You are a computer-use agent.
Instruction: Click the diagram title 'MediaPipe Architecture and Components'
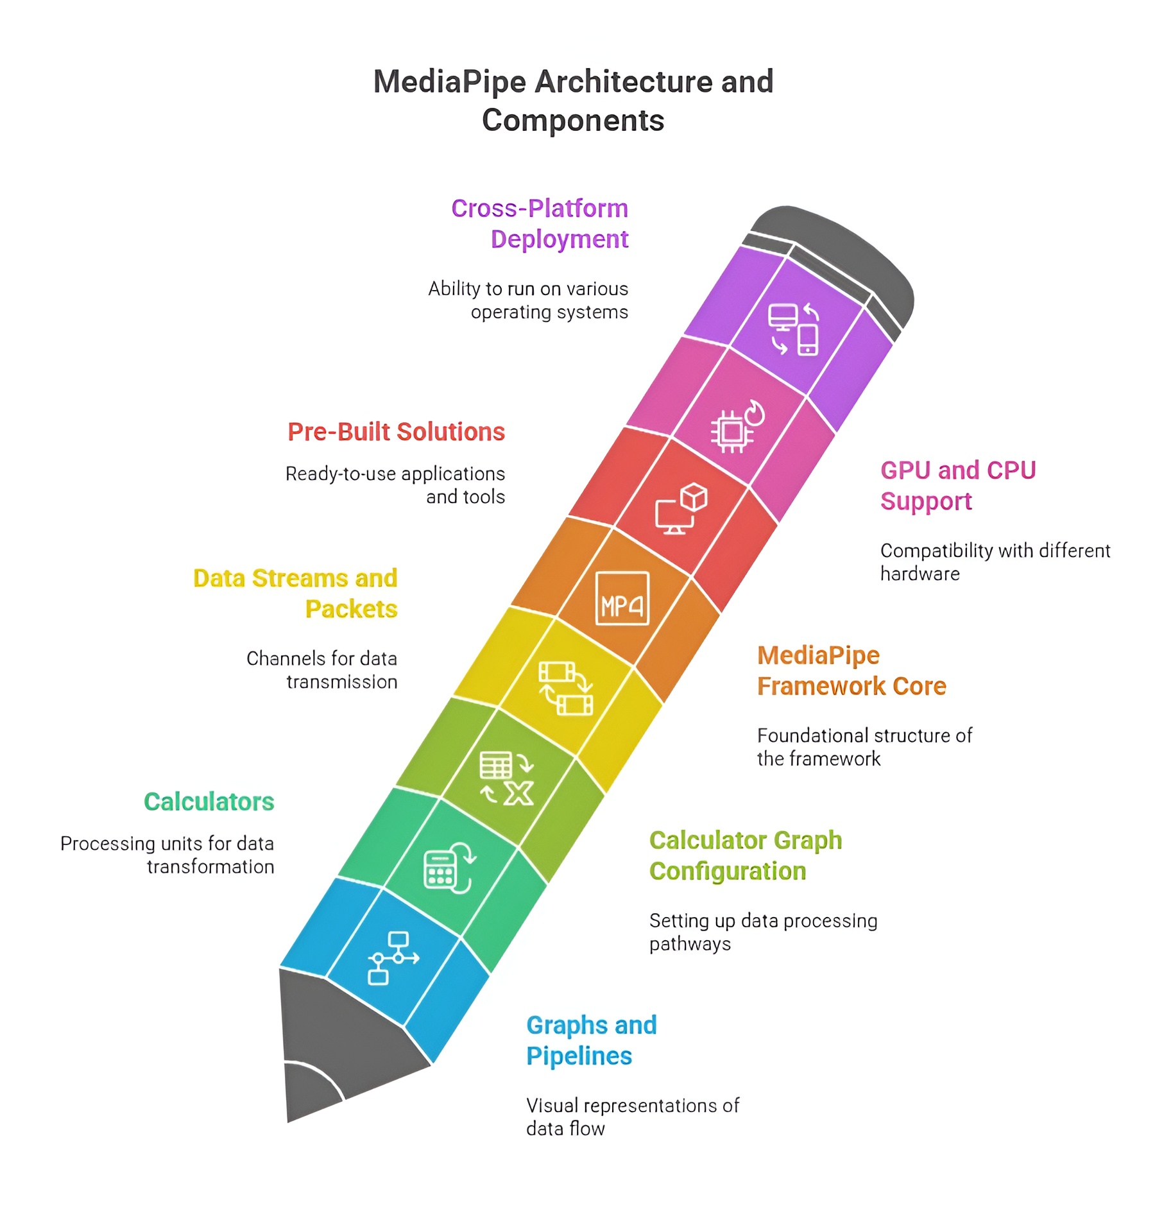click(x=573, y=101)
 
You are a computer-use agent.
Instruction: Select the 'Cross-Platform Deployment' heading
click(x=540, y=223)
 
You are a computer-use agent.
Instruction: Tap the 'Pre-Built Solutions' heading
click(x=396, y=432)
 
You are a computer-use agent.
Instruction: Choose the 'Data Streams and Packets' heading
click(x=295, y=594)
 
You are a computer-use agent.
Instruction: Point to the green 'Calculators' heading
click(x=209, y=802)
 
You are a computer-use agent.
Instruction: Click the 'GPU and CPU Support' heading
click(x=957, y=486)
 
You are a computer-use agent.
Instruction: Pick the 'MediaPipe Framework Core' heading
click(x=851, y=671)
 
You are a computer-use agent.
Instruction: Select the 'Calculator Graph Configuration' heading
click(x=745, y=855)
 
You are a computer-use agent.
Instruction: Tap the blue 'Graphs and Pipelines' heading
click(x=591, y=1040)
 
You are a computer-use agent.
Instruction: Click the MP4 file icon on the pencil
click(x=622, y=598)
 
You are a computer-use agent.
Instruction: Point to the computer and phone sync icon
click(x=794, y=329)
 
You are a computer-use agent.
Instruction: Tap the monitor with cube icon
click(x=681, y=509)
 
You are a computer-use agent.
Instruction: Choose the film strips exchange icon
click(x=565, y=689)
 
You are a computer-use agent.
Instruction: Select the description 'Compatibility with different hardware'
click(x=995, y=562)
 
